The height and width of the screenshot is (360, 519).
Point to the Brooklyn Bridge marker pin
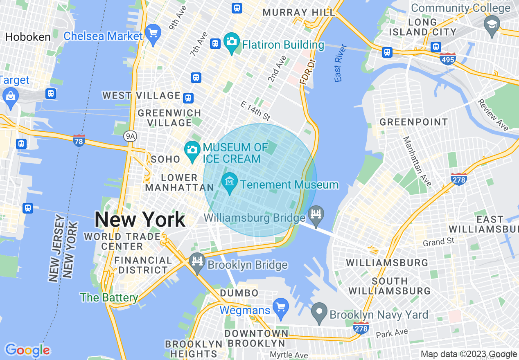point(198,262)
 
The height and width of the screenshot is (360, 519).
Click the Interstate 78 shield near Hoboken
point(79,141)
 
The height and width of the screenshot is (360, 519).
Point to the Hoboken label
point(28,37)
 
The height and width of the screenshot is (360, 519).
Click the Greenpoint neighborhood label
point(414,122)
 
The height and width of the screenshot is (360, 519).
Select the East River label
point(340,63)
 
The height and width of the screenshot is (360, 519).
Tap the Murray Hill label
point(299,12)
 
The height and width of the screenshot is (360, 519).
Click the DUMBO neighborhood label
point(239,293)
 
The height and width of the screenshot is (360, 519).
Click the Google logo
point(27,350)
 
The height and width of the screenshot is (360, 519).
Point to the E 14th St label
point(256,111)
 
